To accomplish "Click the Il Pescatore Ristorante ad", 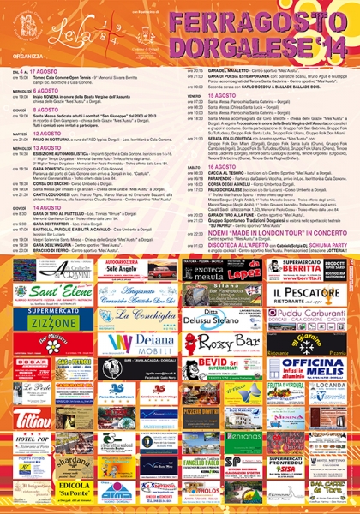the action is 313,296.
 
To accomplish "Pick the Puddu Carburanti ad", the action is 313,320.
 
